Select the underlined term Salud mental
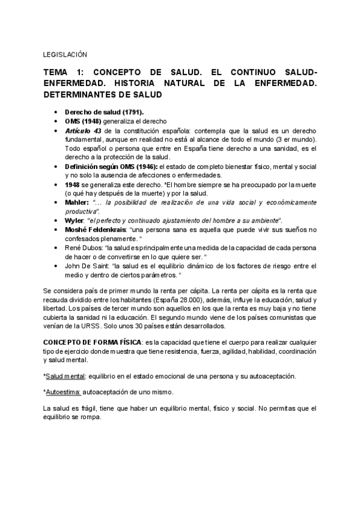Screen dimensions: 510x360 point(66,375)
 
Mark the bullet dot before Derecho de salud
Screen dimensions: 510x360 point(56,112)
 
